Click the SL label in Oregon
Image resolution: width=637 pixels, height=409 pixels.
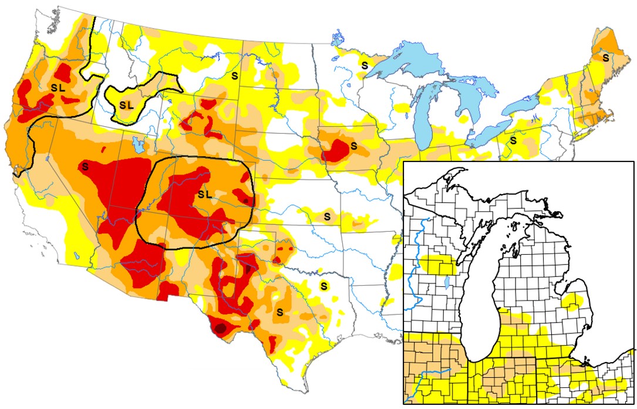pyautogui.click(x=57, y=87)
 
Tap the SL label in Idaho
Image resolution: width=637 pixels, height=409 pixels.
pyautogui.click(x=126, y=105)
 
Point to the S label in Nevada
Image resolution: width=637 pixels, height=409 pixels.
pyautogui.click(x=86, y=166)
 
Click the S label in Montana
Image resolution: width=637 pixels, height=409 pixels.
pyautogui.click(x=234, y=75)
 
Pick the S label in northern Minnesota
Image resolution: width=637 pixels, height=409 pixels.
pyautogui.click(x=364, y=64)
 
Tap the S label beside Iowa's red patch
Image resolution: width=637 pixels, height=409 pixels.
pyautogui.click(x=353, y=144)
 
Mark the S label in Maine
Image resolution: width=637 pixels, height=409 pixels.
pyautogui.click(x=605, y=58)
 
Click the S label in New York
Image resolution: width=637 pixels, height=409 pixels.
pyautogui.click(x=513, y=140)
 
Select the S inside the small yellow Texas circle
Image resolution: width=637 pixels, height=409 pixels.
pyautogui.click(x=323, y=286)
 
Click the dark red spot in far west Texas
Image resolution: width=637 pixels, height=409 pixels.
pyautogui.click(x=221, y=329)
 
